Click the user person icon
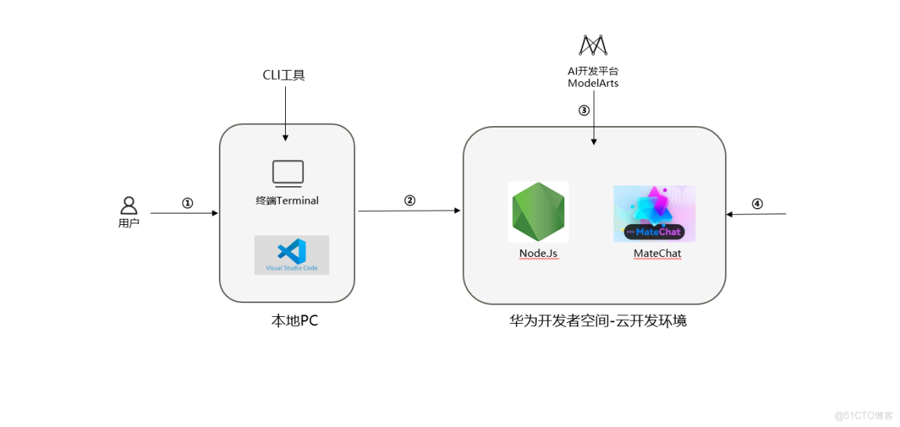[129, 205]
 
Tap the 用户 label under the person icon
[129, 223]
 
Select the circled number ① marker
[187, 203]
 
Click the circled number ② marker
[410, 201]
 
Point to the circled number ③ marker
[584, 110]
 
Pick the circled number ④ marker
[757, 204]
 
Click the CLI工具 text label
[284, 75]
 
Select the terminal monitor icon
[288, 173]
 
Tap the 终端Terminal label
[287, 201]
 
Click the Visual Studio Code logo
[291, 255]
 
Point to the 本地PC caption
[294, 321]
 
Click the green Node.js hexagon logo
[537, 212]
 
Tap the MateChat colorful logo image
[654, 214]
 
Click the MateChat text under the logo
[657, 253]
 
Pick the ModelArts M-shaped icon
[593, 46]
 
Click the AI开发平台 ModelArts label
[593, 77]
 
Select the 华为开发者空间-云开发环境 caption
[597, 321]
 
